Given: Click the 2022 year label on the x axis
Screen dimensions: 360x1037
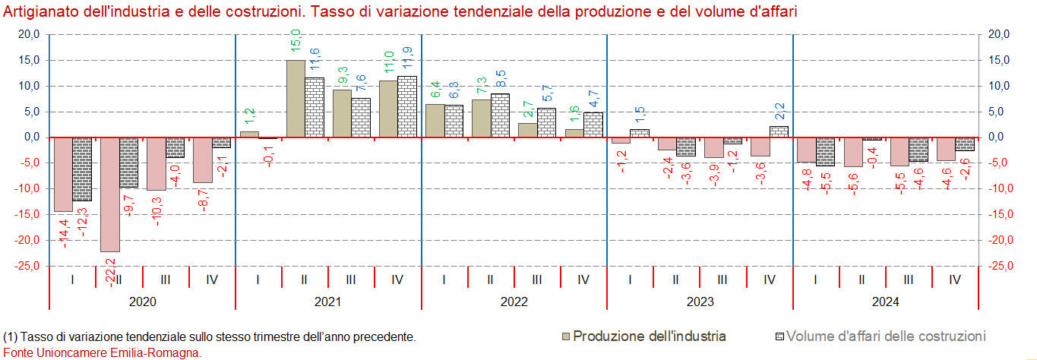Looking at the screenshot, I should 514,302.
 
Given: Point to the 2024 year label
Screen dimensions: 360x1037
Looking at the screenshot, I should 885,302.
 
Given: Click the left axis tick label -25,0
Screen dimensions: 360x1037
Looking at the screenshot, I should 27,266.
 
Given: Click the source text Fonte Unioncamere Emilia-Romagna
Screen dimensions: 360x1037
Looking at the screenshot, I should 103,352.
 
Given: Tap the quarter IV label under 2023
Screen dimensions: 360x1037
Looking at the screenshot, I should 769,279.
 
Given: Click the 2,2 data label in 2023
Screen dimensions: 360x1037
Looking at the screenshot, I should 779,112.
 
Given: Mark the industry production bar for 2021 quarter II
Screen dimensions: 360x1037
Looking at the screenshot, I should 296,99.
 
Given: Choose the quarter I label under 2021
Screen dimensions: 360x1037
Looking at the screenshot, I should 258,279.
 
